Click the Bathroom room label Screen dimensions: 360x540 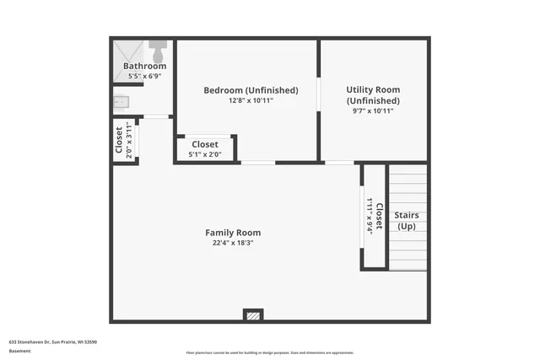tap(144, 66)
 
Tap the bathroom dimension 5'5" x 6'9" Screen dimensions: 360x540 tap(144, 76)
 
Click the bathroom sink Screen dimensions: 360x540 tap(121, 102)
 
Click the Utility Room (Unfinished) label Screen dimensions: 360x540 tap(373, 94)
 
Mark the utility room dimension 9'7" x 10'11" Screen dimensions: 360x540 tap(373, 110)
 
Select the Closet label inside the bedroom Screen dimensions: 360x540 tap(205, 144)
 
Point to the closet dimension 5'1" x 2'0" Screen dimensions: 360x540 tap(205, 154)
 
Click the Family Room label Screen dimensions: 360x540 tap(233, 233)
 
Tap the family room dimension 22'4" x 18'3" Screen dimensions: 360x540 tap(233, 243)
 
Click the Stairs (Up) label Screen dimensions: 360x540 tap(407, 221)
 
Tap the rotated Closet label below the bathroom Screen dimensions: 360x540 tap(119, 141)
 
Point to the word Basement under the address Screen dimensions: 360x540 tap(20, 351)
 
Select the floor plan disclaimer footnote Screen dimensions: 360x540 tap(269, 352)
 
